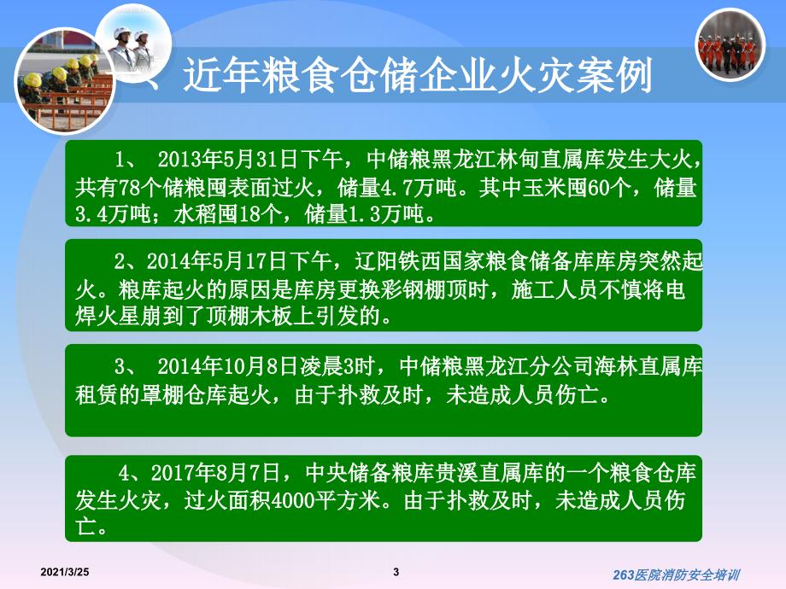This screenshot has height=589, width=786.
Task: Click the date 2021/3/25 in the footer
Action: [65, 572]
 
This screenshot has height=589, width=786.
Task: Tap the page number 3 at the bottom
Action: [396, 572]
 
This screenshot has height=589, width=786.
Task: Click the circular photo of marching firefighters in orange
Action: [730, 44]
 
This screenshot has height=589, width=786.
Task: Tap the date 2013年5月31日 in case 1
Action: [227, 160]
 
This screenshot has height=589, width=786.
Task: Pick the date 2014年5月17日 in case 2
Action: [216, 261]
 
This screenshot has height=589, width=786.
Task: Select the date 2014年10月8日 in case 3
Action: [227, 366]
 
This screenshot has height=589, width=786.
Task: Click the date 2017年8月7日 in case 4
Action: [214, 472]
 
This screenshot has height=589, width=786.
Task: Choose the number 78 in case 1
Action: [129, 188]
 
